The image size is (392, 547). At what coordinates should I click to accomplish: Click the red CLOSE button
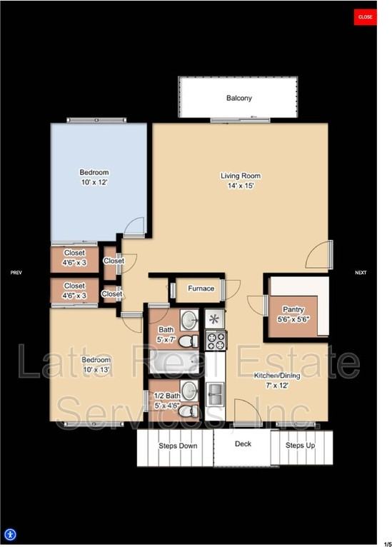point(365,16)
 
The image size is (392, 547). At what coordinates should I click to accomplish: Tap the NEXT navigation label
point(361,272)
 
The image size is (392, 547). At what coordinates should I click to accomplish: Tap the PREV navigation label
point(16,272)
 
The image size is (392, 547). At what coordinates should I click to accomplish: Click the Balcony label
point(239,99)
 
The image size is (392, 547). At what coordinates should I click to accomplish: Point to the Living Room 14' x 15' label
point(240,181)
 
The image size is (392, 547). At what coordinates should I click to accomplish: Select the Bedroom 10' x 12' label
point(94,177)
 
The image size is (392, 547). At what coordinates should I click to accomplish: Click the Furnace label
point(201,288)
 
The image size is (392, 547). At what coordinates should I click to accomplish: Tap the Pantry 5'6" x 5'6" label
point(293,314)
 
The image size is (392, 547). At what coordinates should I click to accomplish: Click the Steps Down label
point(177,446)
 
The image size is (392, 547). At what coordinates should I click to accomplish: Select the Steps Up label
point(300,446)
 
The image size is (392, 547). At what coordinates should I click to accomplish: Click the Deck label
point(243,443)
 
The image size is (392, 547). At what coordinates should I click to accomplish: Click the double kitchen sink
point(216,392)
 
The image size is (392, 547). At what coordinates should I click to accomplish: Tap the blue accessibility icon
point(10,534)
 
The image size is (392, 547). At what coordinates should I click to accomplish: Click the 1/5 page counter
point(387,542)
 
